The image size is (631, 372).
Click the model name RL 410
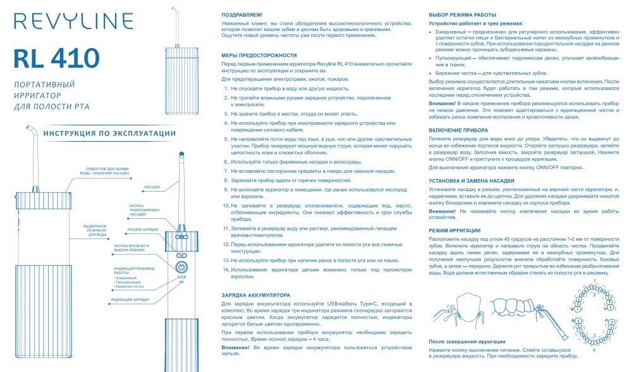(56, 59)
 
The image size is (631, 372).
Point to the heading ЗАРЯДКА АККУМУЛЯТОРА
(256, 295)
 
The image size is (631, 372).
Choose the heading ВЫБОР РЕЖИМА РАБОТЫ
(462, 14)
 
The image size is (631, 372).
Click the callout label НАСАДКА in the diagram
(152, 187)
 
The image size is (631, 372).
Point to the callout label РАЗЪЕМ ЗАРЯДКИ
(143, 230)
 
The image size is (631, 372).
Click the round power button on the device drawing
(181, 266)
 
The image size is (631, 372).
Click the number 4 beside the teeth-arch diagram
(592, 349)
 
